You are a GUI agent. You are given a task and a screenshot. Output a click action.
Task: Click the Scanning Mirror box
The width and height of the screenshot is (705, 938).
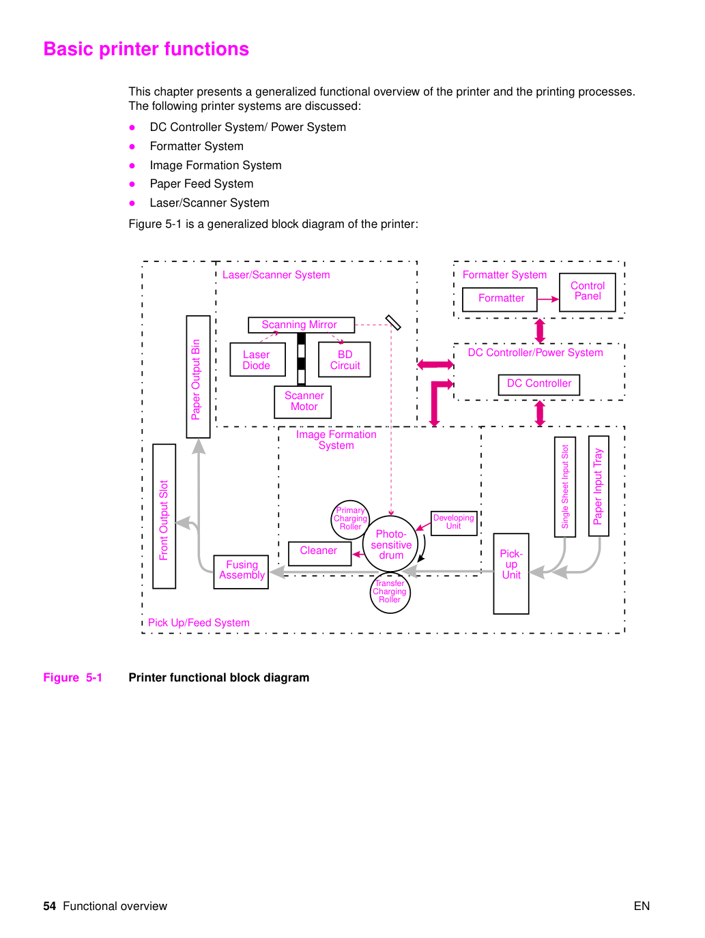301,325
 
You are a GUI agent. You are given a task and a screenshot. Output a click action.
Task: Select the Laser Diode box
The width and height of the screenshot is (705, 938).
257,360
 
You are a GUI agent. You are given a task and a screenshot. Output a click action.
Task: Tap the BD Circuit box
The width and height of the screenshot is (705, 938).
344,360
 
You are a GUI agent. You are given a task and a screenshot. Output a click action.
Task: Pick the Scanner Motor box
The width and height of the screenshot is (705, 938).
303,402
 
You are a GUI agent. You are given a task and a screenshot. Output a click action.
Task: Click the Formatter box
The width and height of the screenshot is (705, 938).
500,299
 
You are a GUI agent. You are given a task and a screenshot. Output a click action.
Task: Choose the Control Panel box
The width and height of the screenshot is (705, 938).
588,292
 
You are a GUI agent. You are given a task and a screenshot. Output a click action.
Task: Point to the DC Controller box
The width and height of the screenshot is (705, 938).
539,385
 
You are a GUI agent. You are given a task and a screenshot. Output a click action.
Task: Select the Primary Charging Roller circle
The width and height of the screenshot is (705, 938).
350,519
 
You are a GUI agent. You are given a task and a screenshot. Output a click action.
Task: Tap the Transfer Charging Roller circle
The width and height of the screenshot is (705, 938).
390,593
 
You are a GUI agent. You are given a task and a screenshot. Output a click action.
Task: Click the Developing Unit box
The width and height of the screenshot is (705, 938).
454,523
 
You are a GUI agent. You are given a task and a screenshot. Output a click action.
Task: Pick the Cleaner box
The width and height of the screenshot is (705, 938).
320,553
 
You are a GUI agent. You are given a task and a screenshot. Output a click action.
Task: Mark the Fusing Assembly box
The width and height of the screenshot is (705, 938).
241,572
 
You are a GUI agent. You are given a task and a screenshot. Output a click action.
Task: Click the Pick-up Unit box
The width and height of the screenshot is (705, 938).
511,574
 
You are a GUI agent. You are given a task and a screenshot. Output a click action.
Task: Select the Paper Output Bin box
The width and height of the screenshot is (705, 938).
198,377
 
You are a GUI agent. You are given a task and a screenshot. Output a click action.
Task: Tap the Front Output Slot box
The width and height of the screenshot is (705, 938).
164,516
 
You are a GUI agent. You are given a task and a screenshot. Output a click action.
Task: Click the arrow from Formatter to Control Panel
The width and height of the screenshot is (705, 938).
548,299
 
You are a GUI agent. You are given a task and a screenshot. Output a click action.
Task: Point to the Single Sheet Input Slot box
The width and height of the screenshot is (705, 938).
565,486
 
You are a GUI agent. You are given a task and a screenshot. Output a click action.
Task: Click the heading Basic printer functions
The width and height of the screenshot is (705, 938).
146,49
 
